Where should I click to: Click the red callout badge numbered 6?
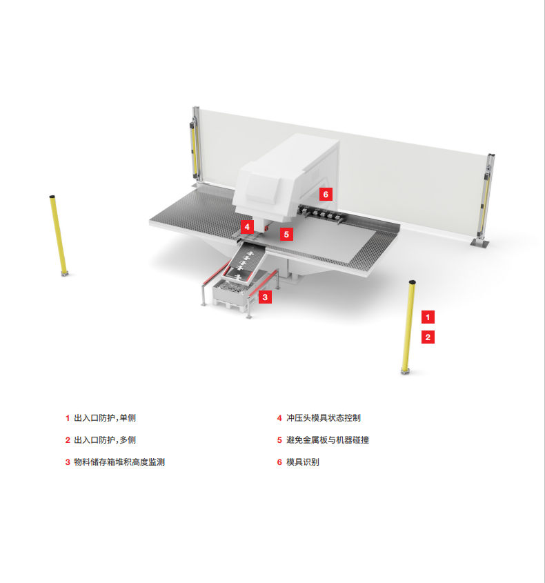(326, 194)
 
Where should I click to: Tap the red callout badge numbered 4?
(247, 227)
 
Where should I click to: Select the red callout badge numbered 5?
(286, 235)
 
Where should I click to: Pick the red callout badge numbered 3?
(265, 297)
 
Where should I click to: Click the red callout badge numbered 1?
(428, 317)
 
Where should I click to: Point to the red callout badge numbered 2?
(428, 337)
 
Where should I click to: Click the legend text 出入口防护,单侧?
(105, 418)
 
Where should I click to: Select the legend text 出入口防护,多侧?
(105, 440)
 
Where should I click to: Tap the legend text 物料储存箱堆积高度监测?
(119, 462)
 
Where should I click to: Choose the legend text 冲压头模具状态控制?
(324, 418)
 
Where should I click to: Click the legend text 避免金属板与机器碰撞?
(328, 440)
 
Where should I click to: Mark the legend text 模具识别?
(303, 462)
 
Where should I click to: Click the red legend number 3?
(68, 462)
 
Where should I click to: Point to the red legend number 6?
(279, 462)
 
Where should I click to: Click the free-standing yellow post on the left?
(59, 235)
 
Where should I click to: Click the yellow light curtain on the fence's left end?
(194, 147)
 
